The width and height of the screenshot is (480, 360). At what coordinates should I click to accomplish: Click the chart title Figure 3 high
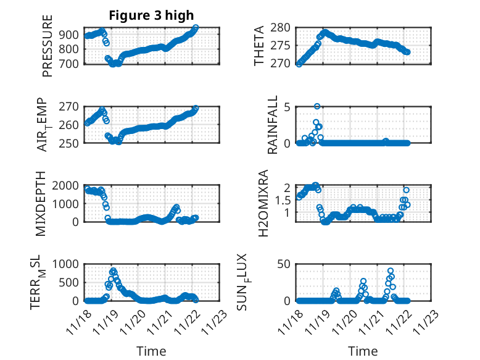151,15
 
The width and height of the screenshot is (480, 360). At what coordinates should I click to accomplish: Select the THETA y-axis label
259,46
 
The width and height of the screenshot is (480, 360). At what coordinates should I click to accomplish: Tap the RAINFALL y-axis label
272,125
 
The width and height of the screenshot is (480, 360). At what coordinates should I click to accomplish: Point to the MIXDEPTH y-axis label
41,204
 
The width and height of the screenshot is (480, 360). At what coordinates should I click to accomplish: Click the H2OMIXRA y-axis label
263,204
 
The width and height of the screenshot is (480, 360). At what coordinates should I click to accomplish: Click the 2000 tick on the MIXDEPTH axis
67,185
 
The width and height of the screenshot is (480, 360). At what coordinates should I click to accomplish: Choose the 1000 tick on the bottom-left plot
67,264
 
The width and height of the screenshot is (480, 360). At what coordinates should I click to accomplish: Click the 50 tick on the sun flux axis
283,264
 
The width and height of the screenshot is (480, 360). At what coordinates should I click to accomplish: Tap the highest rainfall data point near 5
317,106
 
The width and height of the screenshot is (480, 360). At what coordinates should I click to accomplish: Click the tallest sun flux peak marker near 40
391,271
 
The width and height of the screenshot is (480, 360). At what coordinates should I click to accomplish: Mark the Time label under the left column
151,351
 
